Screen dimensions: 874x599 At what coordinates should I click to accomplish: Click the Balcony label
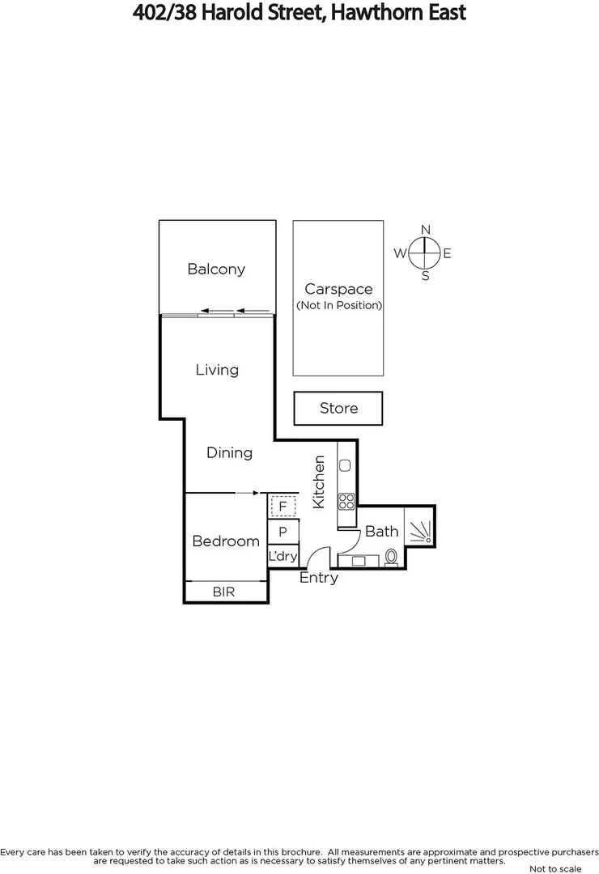(x=216, y=269)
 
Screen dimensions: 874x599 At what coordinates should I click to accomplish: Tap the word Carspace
(x=338, y=289)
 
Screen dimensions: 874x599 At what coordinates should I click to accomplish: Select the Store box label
(x=338, y=409)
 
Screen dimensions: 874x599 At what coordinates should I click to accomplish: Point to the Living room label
(x=217, y=370)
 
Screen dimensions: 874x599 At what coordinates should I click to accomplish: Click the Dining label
(x=229, y=452)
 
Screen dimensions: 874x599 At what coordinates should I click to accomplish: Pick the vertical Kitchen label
(x=319, y=482)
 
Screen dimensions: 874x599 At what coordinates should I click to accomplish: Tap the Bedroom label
(x=226, y=541)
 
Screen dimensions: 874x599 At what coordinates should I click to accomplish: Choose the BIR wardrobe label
(x=223, y=592)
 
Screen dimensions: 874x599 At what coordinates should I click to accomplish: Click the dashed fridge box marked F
(x=283, y=507)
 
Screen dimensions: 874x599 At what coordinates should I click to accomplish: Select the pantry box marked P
(x=283, y=532)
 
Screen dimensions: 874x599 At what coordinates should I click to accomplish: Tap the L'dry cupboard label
(x=283, y=557)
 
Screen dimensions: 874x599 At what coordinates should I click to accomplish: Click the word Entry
(x=319, y=578)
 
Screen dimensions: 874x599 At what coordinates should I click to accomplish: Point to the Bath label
(x=381, y=532)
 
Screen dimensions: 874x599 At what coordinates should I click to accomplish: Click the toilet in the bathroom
(x=392, y=557)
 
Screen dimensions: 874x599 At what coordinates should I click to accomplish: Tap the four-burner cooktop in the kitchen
(x=346, y=501)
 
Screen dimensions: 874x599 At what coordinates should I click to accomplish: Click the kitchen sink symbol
(x=345, y=465)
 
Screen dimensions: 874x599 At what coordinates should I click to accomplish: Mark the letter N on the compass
(x=426, y=230)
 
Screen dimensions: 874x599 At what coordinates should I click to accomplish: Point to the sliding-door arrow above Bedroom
(x=246, y=492)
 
